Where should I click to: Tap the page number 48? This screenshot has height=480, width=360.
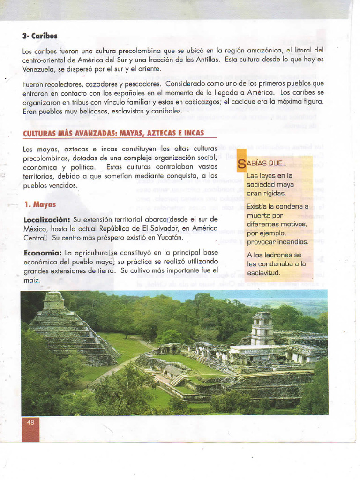click(x=30, y=422)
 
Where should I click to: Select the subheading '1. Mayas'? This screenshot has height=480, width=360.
click(x=40, y=204)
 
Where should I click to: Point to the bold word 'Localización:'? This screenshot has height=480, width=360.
click(x=47, y=219)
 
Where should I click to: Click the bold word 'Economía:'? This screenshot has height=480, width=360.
click(x=43, y=253)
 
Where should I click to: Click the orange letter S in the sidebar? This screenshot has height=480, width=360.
click(x=241, y=164)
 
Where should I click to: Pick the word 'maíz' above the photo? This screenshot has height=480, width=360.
click(x=31, y=280)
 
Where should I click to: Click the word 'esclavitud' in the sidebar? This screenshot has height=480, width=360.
click(x=263, y=273)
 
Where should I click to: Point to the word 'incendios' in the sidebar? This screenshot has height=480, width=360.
click(x=291, y=242)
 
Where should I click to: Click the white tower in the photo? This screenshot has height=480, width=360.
click(x=262, y=328)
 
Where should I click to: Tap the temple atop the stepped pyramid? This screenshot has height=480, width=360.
click(x=53, y=300)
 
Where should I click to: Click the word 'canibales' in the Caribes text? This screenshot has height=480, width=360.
click(x=166, y=112)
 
